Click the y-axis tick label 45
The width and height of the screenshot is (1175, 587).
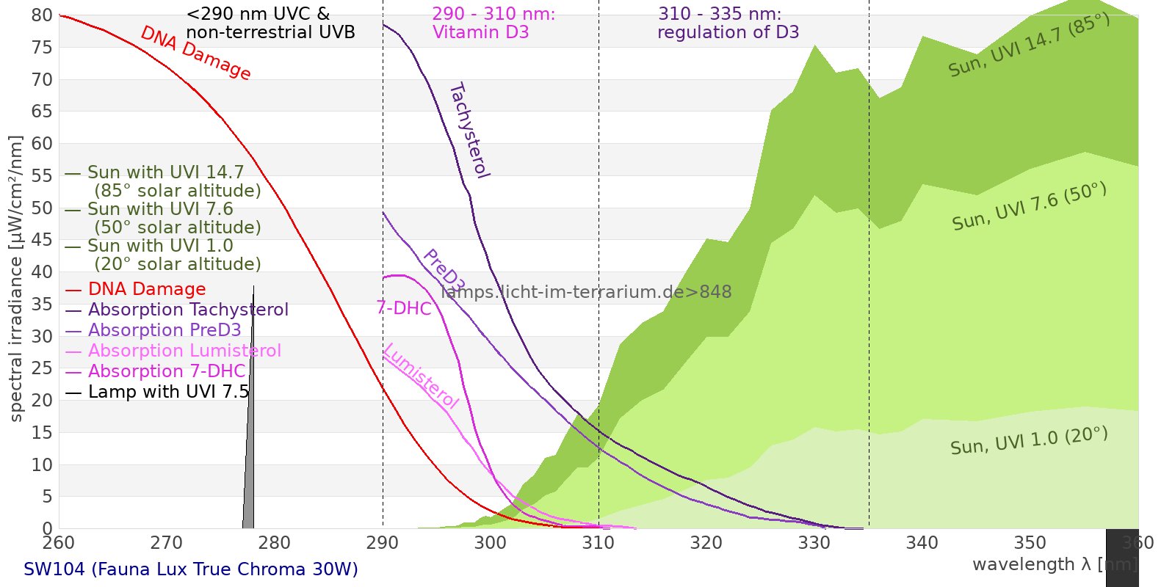point(42,240)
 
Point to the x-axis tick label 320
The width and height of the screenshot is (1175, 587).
point(706,543)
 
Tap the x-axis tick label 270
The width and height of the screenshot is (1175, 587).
point(166,543)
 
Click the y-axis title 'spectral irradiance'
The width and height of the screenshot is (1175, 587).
point(16,279)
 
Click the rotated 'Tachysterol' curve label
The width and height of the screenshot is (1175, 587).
point(469,130)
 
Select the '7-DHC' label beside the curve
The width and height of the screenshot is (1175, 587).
point(404,308)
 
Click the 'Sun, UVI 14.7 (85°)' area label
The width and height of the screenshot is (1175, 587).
point(1029,45)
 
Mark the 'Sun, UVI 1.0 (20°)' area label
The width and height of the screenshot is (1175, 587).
point(1029,441)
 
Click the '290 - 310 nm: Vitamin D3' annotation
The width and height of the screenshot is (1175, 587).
point(493,23)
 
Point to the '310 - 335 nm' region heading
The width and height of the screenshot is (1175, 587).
point(720,14)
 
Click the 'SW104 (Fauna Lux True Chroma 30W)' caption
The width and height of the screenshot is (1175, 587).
point(191,569)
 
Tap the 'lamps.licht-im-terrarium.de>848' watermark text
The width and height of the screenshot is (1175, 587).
point(586,292)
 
